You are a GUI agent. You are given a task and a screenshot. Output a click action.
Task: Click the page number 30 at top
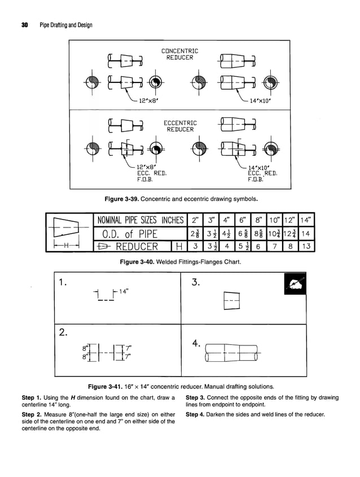coord(25,25)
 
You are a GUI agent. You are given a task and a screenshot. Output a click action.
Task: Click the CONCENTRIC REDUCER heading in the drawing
coord(180,54)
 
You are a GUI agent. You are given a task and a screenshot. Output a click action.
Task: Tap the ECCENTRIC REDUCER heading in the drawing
coord(180,126)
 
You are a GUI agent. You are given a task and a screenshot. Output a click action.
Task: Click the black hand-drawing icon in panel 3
coord(295,283)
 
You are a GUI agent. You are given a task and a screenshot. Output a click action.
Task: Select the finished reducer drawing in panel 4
coord(230,356)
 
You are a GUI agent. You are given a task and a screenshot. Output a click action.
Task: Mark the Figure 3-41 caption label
coord(111,387)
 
